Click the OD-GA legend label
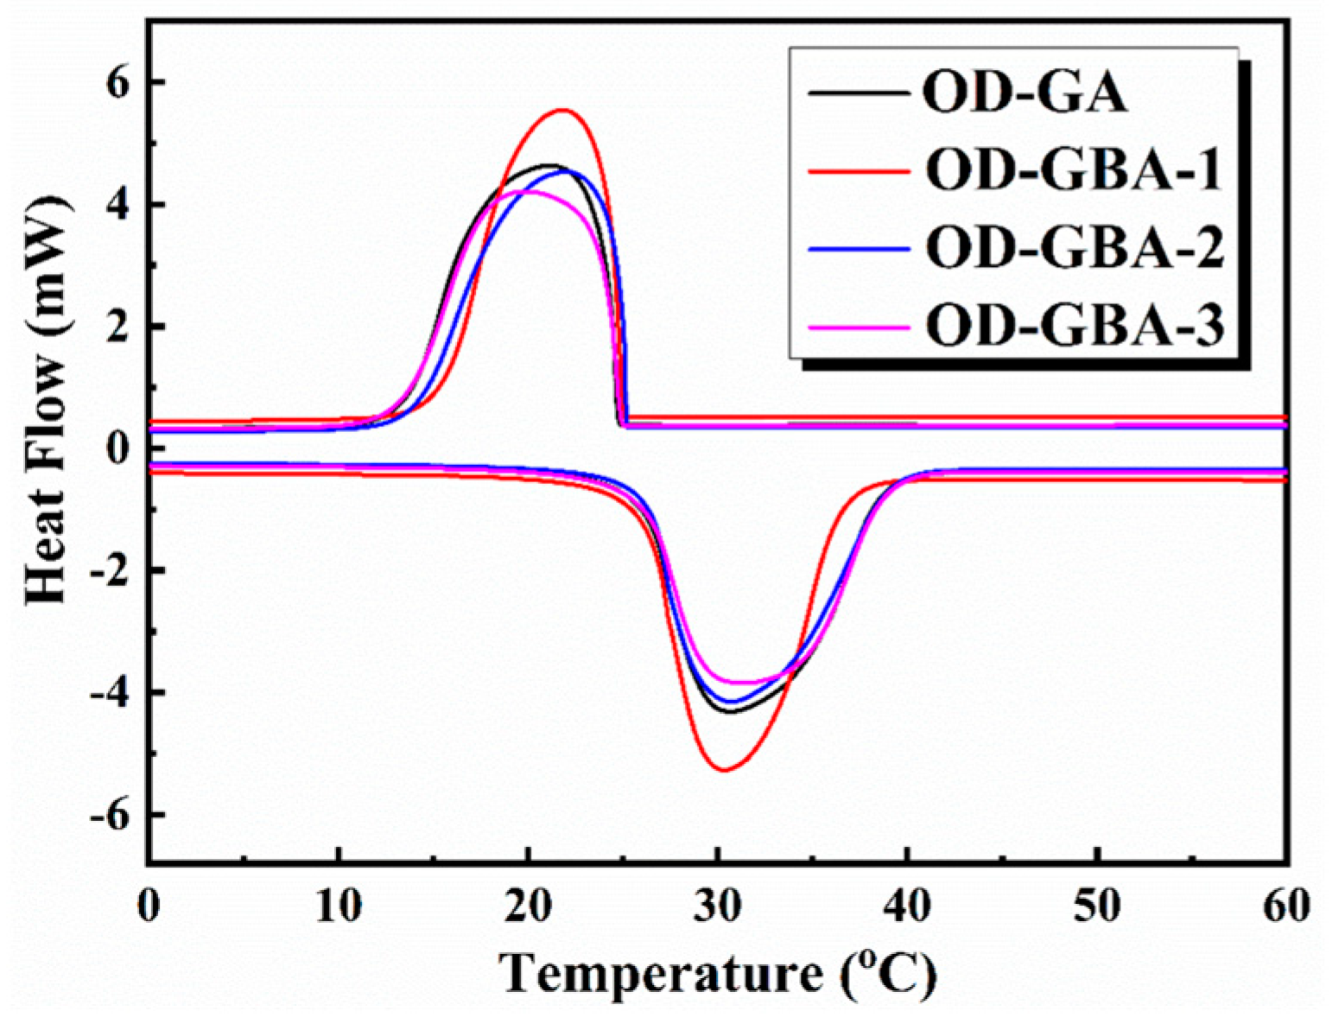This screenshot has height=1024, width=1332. point(1024,93)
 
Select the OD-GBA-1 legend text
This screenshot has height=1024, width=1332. point(1075,170)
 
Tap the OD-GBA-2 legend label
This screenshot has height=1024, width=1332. point(1075,248)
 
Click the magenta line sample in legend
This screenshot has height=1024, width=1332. point(859,327)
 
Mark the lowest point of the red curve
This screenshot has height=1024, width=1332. point(724,769)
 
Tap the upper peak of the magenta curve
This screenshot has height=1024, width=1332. point(530,191)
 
